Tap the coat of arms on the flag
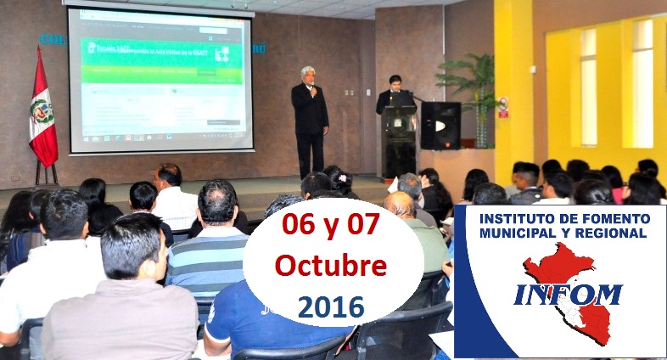click(41, 111)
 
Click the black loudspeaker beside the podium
click(440, 126)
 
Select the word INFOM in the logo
click(568, 295)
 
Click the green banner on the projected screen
click(161, 59)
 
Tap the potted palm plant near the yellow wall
click(471, 85)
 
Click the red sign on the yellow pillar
click(503, 107)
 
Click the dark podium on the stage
click(399, 140)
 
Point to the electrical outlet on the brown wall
click(349, 92)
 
